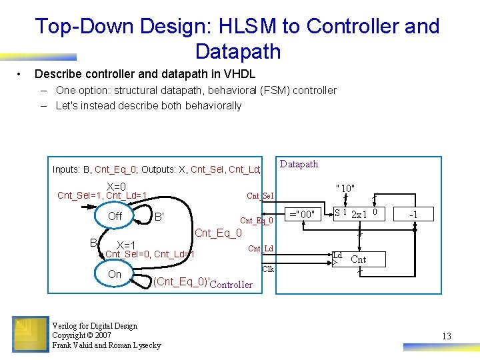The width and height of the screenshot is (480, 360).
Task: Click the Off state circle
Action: click(x=115, y=216)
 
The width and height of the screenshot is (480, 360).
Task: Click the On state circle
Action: click(x=115, y=274)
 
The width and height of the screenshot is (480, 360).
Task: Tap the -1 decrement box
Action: click(x=413, y=214)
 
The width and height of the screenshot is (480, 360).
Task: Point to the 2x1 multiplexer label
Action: click(x=360, y=215)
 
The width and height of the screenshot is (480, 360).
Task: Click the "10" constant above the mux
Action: click(x=345, y=189)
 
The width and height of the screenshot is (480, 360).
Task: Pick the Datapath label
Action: click(x=299, y=164)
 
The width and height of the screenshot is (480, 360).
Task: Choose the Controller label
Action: click(x=231, y=285)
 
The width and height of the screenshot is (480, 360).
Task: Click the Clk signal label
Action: click(x=268, y=269)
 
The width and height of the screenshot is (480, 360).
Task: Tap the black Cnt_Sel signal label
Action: click(x=260, y=195)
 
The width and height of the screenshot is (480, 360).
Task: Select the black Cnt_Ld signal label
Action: click(x=261, y=249)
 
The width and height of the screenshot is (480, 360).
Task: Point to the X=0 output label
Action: click(x=116, y=187)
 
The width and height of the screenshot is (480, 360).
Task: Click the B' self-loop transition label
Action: click(x=159, y=216)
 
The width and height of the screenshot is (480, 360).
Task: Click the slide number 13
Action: click(x=446, y=336)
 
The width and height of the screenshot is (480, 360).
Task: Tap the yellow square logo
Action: click(x=29, y=334)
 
